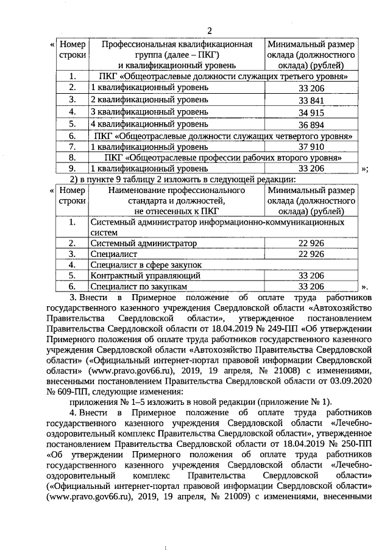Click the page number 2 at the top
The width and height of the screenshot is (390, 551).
click(209, 31)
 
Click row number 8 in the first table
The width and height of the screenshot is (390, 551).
click(72, 157)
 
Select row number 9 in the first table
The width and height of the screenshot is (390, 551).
click(72, 168)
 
